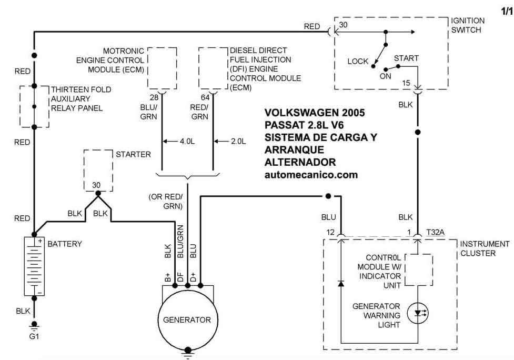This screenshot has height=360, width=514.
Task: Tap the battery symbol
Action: coord(34,266)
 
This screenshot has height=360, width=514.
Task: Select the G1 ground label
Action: coord(34,336)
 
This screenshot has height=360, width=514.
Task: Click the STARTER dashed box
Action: coord(84,171)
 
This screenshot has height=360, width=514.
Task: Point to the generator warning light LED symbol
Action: coord(418,313)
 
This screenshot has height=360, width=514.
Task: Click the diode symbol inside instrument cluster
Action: coord(341,283)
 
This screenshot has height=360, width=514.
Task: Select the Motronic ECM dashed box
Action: coord(147,68)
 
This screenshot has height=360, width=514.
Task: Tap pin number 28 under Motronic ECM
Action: coord(154,97)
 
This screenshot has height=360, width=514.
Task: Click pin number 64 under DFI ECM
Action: coord(205,97)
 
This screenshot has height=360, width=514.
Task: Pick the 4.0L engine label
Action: coord(187,142)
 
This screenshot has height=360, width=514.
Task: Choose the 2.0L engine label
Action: coord(238,142)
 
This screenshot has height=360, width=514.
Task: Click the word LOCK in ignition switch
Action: coord(358,61)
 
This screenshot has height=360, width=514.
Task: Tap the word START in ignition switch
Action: coord(406,58)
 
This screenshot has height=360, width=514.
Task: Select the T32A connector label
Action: coord(435,232)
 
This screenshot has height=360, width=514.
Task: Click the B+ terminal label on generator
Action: coord(168,277)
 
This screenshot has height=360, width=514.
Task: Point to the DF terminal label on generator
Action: coord(180,277)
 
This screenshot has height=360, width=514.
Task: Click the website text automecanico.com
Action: coord(311,175)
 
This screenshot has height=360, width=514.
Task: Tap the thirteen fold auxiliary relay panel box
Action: coord(20,106)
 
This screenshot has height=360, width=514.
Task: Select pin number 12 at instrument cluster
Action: coord(330,233)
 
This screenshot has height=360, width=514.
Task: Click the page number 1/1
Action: coord(507,12)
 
